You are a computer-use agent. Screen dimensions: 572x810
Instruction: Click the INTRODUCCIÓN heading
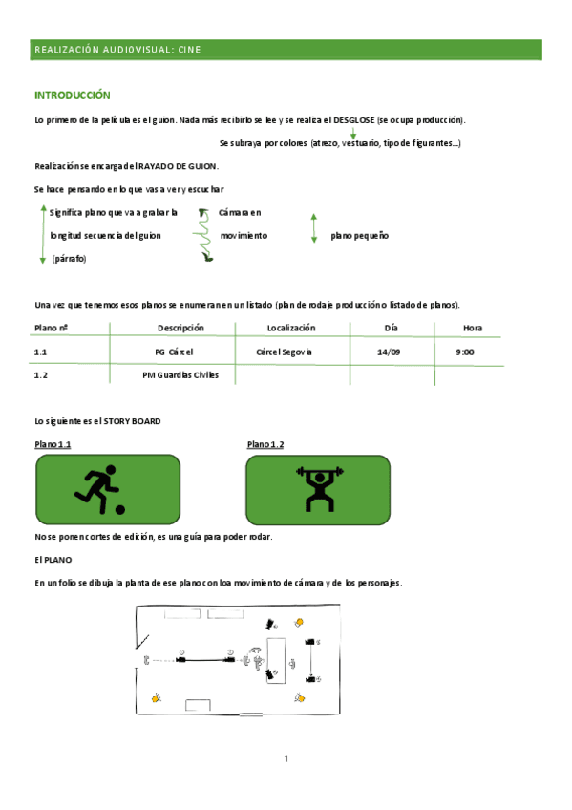point(73,96)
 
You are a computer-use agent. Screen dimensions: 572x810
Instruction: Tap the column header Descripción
point(180,328)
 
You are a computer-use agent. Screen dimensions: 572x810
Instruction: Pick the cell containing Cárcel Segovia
point(285,352)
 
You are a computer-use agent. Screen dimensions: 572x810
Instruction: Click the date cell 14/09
point(389,352)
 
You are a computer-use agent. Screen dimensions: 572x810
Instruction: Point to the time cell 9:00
point(466,352)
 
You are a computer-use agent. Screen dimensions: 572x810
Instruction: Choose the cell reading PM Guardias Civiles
point(180,375)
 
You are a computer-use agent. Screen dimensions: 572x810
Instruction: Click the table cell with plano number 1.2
point(41,375)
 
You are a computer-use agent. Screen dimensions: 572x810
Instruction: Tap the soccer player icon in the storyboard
point(98,489)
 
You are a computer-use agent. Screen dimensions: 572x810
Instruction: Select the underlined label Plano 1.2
point(265,445)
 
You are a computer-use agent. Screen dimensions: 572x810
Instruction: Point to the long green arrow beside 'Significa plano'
point(42,235)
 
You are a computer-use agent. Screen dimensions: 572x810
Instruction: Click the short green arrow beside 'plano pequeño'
point(314,228)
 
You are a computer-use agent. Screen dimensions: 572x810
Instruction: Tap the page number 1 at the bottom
point(286,758)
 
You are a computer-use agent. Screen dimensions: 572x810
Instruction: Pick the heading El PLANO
point(53,559)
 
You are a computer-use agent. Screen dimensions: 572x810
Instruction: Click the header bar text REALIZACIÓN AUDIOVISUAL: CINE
point(117,50)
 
